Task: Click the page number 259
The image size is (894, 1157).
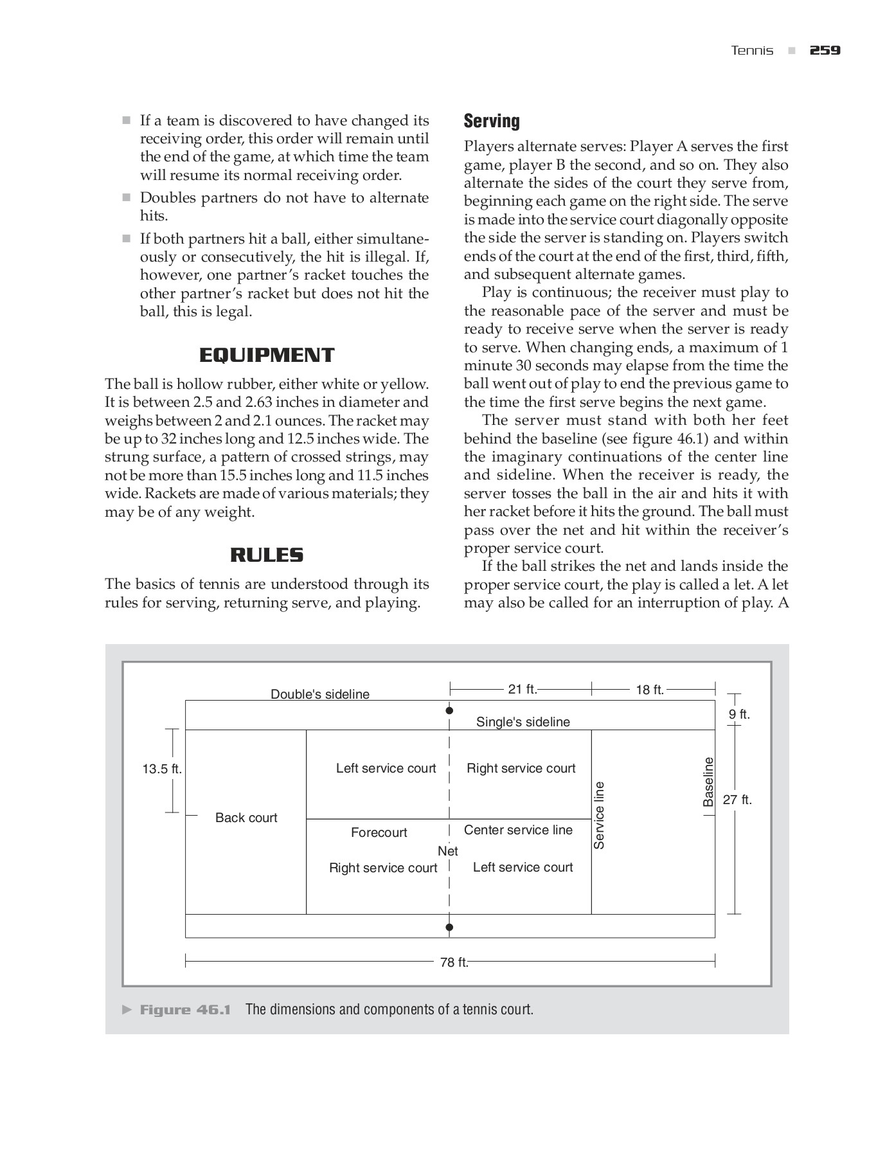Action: point(825,50)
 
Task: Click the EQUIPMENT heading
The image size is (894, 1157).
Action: point(267,355)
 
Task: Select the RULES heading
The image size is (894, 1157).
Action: point(267,555)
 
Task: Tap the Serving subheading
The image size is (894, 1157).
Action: point(492,121)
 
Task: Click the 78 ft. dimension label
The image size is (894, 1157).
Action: point(454,962)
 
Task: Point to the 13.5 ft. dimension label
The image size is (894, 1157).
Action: point(162,769)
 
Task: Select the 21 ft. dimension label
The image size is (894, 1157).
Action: point(522,689)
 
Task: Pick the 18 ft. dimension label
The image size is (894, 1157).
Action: point(649,690)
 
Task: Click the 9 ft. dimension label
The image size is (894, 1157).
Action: point(739,714)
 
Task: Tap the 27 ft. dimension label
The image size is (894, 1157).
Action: point(737,800)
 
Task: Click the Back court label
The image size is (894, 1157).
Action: point(246,818)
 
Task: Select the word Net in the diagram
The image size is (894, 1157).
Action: point(447,851)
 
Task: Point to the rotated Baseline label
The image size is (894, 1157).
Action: point(708,782)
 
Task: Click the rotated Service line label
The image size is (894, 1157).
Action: point(599,815)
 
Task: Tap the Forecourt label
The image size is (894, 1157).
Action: point(379,832)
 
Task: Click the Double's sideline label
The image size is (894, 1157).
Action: point(319,694)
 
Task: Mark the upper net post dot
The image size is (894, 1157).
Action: point(449,710)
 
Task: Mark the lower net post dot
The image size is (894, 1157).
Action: point(449,927)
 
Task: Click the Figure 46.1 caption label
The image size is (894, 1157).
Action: point(185,1009)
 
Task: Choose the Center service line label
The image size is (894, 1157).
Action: point(518,830)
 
